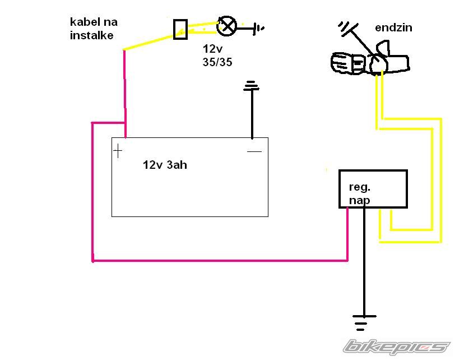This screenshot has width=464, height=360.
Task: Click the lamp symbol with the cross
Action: pyautogui.click(x=227, y=25)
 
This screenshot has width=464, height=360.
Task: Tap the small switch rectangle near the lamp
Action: pyautogui.click(x=180, y=29)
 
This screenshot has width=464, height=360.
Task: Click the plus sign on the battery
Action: pyautogui.click(x=118, y=151)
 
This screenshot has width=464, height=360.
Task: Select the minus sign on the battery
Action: pyautogui.click(x=254, y=151)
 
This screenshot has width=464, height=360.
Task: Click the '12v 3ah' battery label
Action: pyautogui.click(x=165, y=165)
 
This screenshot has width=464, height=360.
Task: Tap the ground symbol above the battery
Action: pyautogui.click(x=252, y=86)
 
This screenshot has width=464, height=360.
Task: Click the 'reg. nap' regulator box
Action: pyautogui.click(x=373, y=189)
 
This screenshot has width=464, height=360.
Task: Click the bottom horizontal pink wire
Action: pyautogui.click(x=219, y=260)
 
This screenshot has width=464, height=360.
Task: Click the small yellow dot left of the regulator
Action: pyautogui.click(x=327, y=169)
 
